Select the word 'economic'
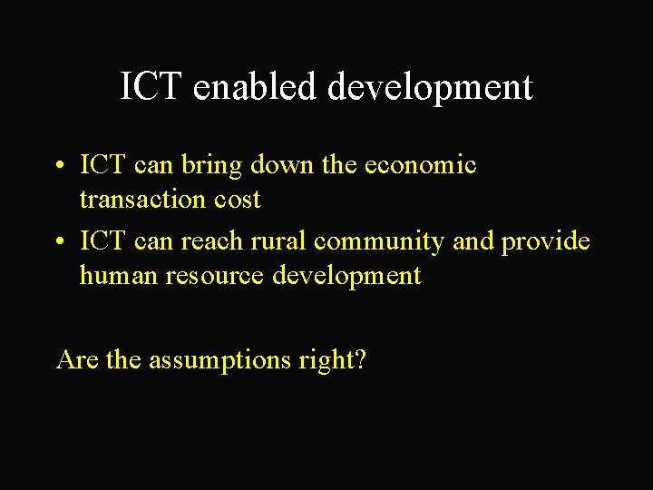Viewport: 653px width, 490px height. (420, 165)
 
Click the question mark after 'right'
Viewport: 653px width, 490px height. (361, 359)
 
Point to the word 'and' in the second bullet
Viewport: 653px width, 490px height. (473, 241)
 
